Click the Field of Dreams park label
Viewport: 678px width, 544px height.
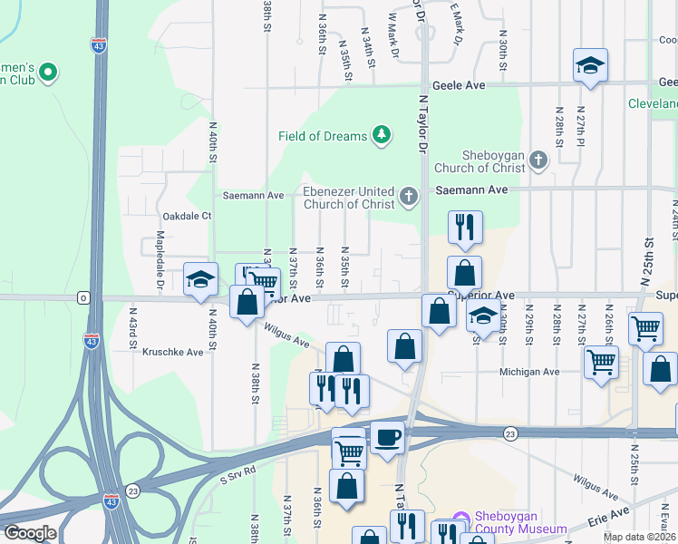[323, 136]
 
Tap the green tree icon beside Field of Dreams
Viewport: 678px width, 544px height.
[383, 136]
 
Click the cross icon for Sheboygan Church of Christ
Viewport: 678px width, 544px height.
[538, 160]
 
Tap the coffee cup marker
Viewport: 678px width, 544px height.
[387, 438]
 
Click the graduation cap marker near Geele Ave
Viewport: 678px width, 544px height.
[590, 65]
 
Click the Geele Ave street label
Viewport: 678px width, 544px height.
[464, 85]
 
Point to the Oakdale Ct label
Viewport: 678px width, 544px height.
[186, 216]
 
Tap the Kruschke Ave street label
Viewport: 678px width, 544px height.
[173, 352]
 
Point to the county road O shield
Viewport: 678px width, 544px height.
[83, 297]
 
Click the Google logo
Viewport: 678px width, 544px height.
[30, 533]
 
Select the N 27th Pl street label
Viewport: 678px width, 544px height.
[580, 127]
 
